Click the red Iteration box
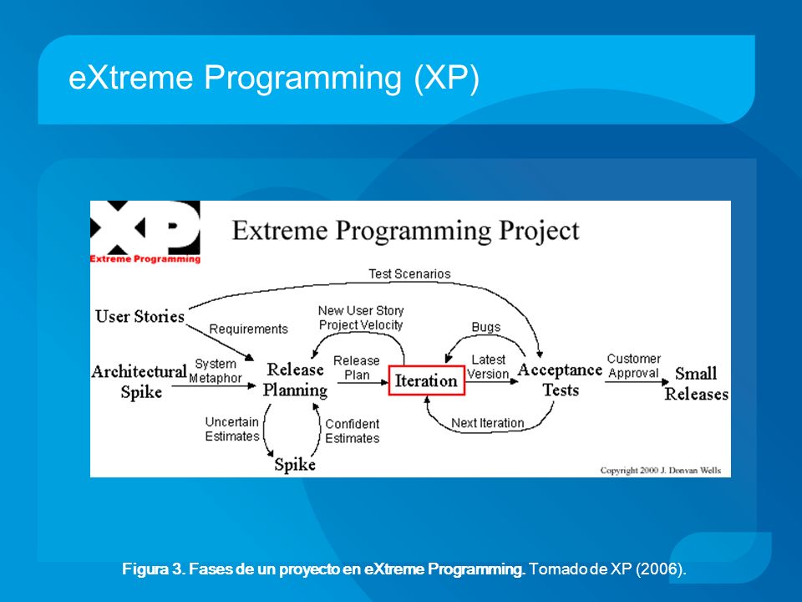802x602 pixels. (x=427, y=380)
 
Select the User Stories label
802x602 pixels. (x=140, y=316)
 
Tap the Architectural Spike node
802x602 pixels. (x=140, y=381)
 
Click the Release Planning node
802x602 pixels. (x=295, y=380)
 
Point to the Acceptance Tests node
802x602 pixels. (x=560, y=380)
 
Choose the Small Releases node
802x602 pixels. (x=696, y=384)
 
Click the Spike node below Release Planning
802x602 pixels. (x=295, y=465)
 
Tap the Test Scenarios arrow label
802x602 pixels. (x=409, y=274)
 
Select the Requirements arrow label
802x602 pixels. (x=249, y=329)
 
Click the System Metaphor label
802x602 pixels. (x=216, y=371)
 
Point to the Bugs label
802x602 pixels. (x=486, y=327)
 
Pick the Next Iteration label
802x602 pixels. (x=487, y=423)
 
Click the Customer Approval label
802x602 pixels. (x=634, y=366)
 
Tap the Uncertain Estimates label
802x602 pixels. (x=232, y=429)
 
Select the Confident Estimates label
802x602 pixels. (x=353, y=431)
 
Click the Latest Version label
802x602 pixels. (x=488, y=367)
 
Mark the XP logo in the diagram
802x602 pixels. (x=145, y=232)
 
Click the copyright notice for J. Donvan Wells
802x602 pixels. (x=660, y=471)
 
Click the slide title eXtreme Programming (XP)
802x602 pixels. (x=274, y=78)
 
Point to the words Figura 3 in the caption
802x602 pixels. (x=152, y=569)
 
